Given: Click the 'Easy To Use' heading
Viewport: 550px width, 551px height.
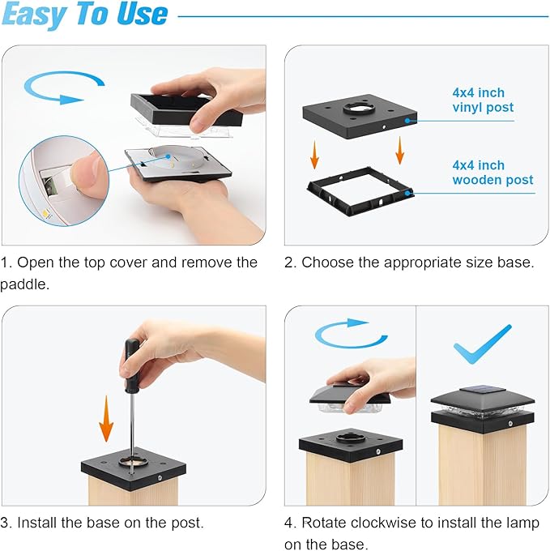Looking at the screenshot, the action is (x=85, y=14).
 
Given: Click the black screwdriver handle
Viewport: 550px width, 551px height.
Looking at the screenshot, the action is (x=132, y=365).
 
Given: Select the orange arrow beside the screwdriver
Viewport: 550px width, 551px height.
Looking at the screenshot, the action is (x=106, y=418).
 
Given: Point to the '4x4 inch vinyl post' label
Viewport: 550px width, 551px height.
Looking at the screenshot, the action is (x=483, y=100).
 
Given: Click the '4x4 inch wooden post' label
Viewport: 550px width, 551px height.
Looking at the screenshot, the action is (x=492, y=173).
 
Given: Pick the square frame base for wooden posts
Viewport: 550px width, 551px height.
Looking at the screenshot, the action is (x=360, y=191).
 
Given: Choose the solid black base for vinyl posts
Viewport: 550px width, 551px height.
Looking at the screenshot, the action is (x=360, y=116).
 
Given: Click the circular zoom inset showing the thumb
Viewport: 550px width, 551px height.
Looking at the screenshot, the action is (x=64, y=181).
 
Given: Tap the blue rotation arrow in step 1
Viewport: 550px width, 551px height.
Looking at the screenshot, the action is (x=63, y=87).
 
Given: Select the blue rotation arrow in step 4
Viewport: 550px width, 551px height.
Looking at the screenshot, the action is (x=352, y=334).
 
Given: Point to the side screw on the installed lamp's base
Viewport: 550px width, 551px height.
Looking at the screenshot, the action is (x=510, y=424).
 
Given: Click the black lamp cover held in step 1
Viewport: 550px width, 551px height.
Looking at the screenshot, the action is (x=186, y=109).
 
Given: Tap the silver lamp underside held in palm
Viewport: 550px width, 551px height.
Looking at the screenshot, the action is (x=178, y=163).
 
